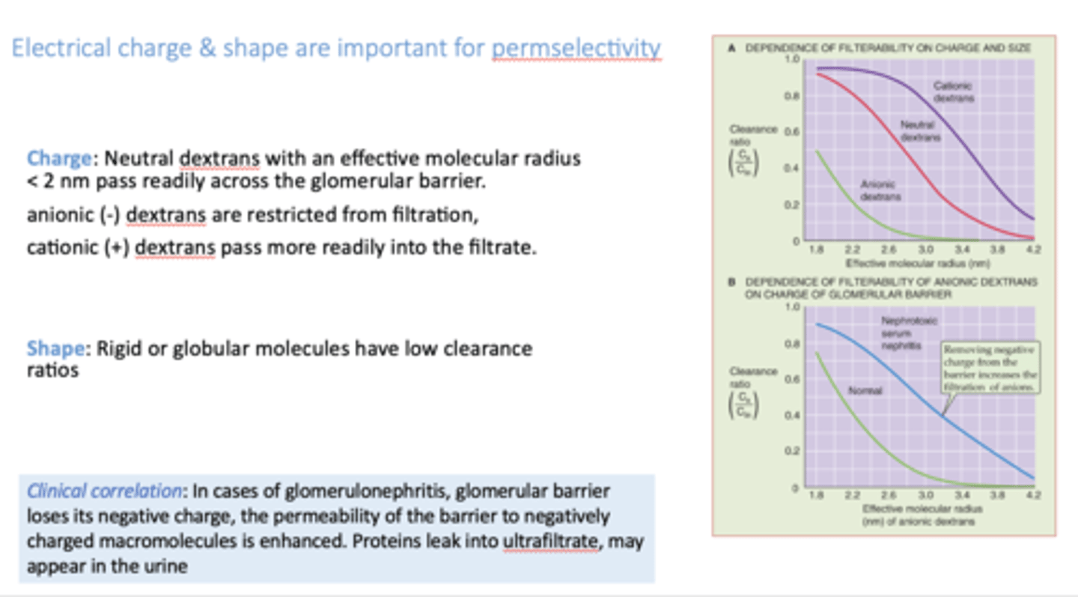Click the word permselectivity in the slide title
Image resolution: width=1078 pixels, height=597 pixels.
pos(576,49)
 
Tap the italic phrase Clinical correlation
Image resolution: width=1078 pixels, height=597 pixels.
pos(104,491)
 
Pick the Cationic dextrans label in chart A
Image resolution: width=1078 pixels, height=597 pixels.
pos(954,91)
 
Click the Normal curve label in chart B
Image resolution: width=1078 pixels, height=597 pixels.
pos(864,390)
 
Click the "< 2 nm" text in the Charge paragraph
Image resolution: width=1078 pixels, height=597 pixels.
pos(58,182)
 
